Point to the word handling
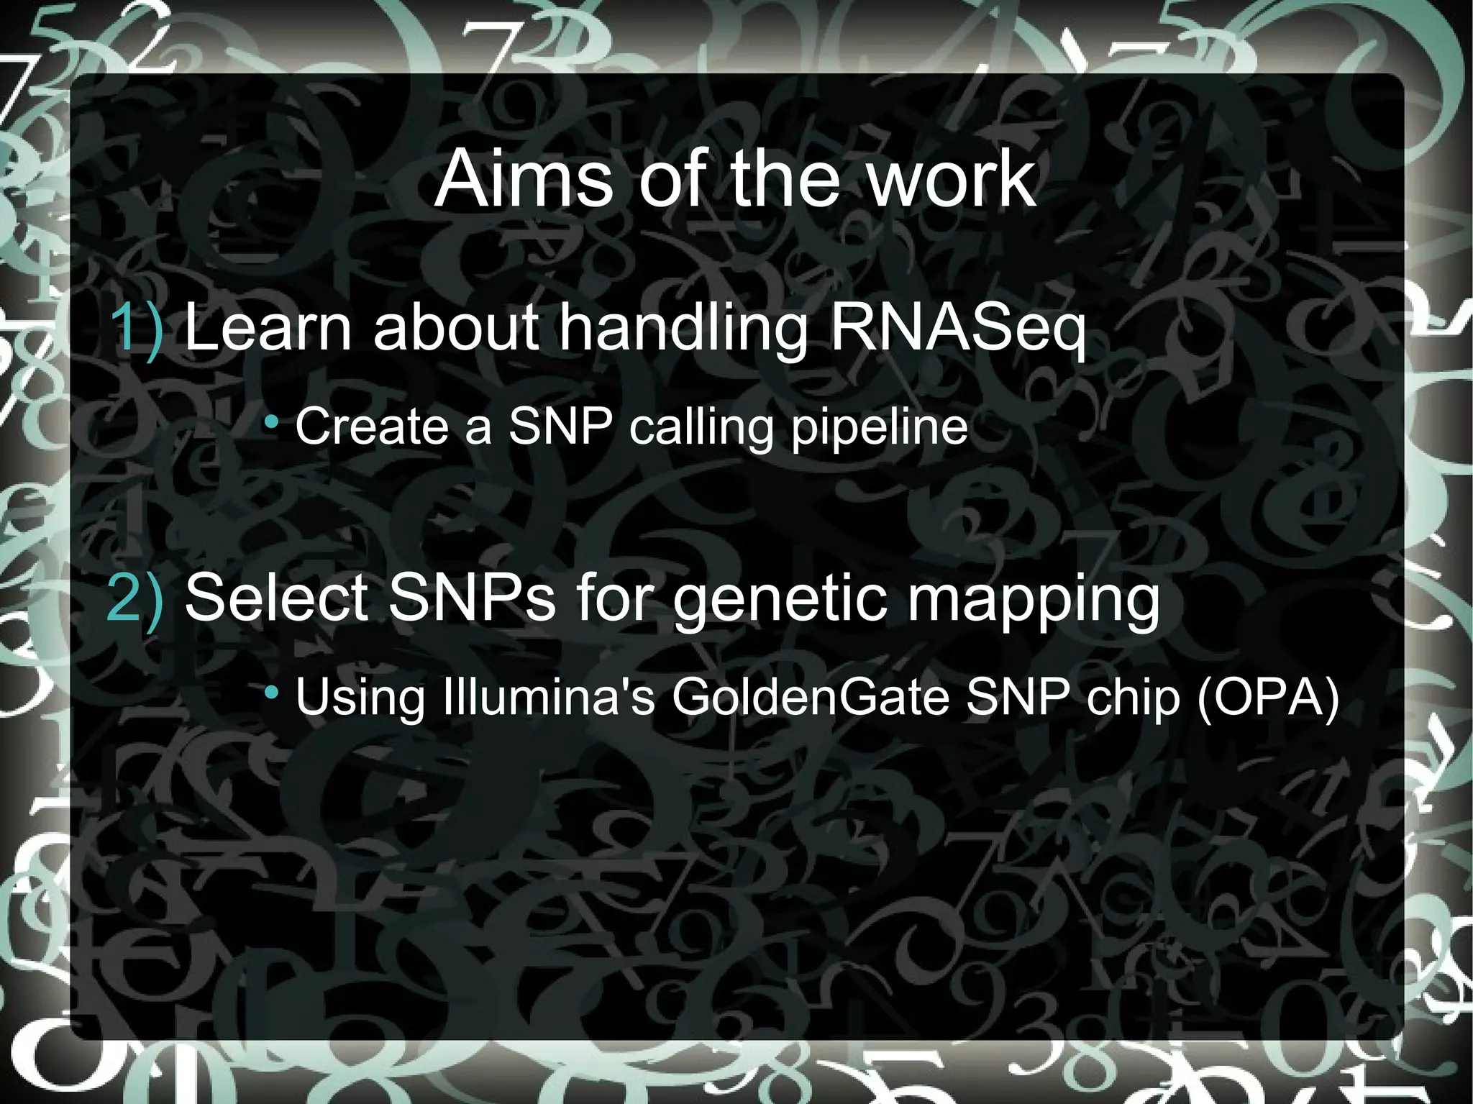click(684, 329)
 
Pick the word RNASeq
click(957, 329)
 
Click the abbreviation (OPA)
click(1268, 697)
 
